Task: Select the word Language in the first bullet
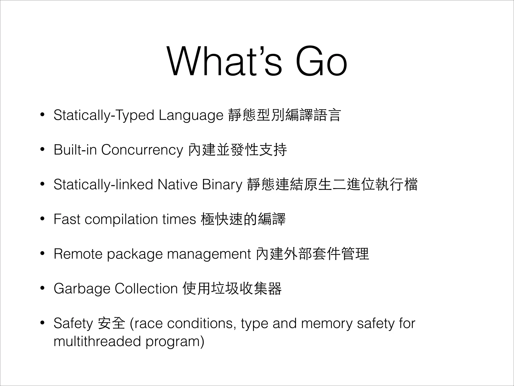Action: tap(191, 116)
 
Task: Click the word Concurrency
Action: tap(142, 150)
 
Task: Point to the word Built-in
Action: tap(75, 150)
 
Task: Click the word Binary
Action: tap(222, 184)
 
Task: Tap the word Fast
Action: tap(67, 219)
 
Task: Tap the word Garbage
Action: tap(82, 289)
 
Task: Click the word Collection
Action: tap(146, 288)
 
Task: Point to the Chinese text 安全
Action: tap(111, 323)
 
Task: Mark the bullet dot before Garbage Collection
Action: tap(42, 288)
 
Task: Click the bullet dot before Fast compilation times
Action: tap(42, 219)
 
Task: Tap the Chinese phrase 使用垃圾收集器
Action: tap(232, 288)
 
